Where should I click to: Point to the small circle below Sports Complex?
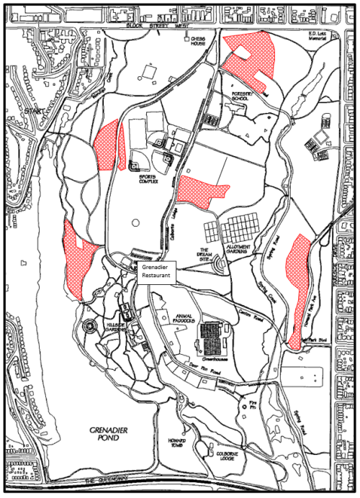pyautogui.click(x=135, y=223)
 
